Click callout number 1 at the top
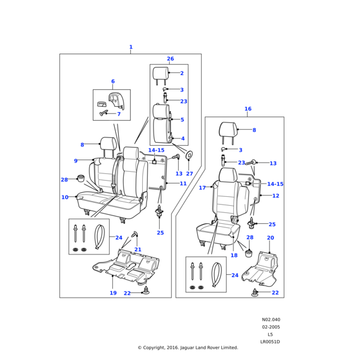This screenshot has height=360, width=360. [x=131, y=47]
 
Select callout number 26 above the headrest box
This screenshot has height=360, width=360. [x=170, y=59]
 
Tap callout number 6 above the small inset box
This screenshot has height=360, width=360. [x=112, y=82]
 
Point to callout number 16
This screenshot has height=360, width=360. [x=248, y=109]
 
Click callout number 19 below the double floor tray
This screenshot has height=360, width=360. [x=113, y=293]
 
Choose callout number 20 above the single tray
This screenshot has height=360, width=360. [x=270, y=238]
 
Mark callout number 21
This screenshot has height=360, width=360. [x=138, y=249]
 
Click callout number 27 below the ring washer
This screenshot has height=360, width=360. [x=190, y=173]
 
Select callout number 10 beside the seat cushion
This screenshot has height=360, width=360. [x=65, y=197]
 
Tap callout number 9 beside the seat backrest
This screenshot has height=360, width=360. [x=76, y=161]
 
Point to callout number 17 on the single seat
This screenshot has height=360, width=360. [x=202, y=188]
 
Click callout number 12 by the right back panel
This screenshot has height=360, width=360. [x=275, y=196]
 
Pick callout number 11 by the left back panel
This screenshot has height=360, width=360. [x=183, y=184]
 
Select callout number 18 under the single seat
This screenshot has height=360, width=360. [x=234, y=255]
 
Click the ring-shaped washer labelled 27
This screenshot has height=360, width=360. [x=190, y=155]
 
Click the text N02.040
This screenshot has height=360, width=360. [x=271, y=320]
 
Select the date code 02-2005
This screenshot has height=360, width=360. [x=271, y=327]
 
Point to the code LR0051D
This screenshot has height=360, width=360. [x=270, y=341]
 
